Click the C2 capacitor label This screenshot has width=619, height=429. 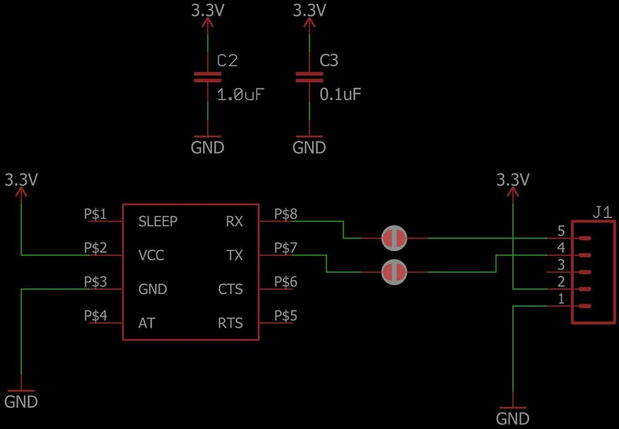pyautogui.click(x=227, y=61)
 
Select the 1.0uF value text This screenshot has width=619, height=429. pyautogui.click(x=240, y=95)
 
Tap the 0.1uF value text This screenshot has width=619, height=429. pyautogui.click(x=340, y=95)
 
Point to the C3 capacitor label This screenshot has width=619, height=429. pyautogui.click(x=329, y=61)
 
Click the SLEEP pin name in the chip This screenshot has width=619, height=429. pyautogui.click(x=157, y=221)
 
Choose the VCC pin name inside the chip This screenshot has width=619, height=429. pyautogui.click(x=151, y=255)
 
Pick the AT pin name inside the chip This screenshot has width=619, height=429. pyautogui.click(x=146, y=323)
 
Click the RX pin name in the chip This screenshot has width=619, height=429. pyautogui.click(x=234, y=221)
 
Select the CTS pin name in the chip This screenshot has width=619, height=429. pyautogui.click(x=230, y=289)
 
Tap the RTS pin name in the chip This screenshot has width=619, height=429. pyautogui.click(x=230, y=323)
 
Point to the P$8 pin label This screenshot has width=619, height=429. pyautogui.click(x=285, y=214)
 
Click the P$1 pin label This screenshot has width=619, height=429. pyautogui.click(x=95, y=214)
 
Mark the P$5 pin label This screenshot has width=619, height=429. pyautogui.click(x=285, y=315)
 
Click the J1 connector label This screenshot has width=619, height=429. pyautogui.click(x=601, y=213)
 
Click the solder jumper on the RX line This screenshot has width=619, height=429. pyautogui.click(x=394, y=238)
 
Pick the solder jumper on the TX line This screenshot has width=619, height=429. pyautogui.click(x=394, y=272)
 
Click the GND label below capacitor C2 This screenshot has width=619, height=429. pyautogui.click(x=207, y=146)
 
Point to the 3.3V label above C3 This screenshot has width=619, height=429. pyautogui.click(x=309, y=10)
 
